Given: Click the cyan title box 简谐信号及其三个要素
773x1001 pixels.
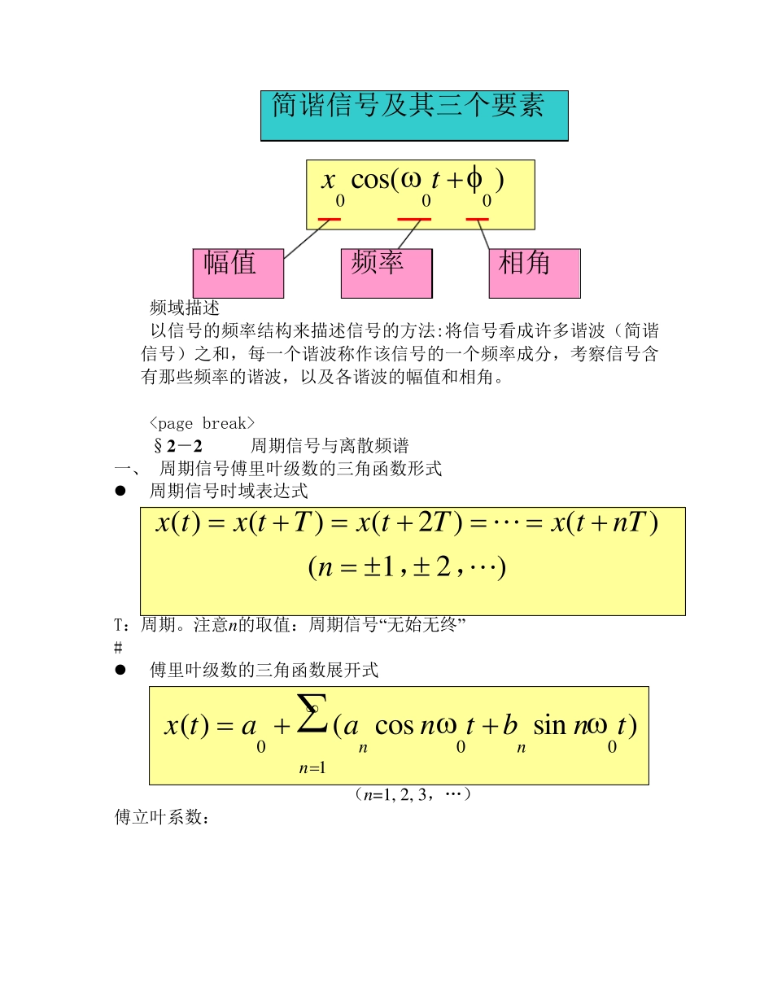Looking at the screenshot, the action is point(414,116).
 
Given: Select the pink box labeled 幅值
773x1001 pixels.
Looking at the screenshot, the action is point(238,273).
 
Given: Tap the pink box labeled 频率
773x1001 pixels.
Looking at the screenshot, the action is point(386,273).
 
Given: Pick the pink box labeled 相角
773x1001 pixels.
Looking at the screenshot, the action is point(535,273).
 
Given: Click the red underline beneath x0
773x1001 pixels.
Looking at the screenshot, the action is point(330,219).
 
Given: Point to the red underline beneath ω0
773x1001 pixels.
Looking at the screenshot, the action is point(414,219).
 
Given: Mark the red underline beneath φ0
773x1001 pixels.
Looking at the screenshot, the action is point(478,219).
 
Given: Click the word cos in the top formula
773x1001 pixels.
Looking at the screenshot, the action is point(370,180).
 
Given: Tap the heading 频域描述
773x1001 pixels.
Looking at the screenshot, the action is point(185,308).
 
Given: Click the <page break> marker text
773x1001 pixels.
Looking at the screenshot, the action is point(203,423).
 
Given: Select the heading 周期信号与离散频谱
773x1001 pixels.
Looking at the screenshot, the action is point(330,446).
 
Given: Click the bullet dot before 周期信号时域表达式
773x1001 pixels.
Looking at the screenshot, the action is point(120,491).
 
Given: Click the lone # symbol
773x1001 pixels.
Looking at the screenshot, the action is point(118,648).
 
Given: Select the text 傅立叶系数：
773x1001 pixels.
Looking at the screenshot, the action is point(163,817).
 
